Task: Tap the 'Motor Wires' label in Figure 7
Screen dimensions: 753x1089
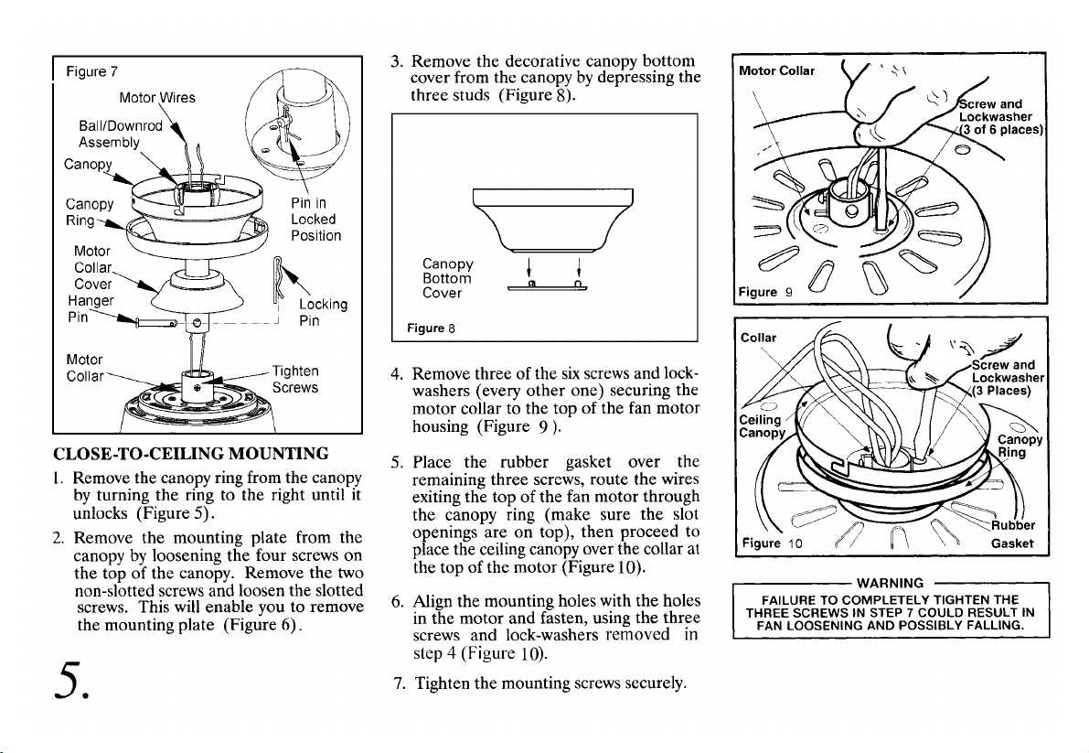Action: (157, 98)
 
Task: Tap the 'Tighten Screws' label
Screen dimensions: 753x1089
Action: (295, 379)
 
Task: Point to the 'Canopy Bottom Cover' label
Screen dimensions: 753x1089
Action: (447, 278)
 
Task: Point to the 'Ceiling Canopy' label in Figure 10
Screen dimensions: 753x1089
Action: (762, 425)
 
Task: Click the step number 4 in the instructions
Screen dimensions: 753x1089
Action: (395, 374)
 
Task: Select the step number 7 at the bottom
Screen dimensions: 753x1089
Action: (395, 683)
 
